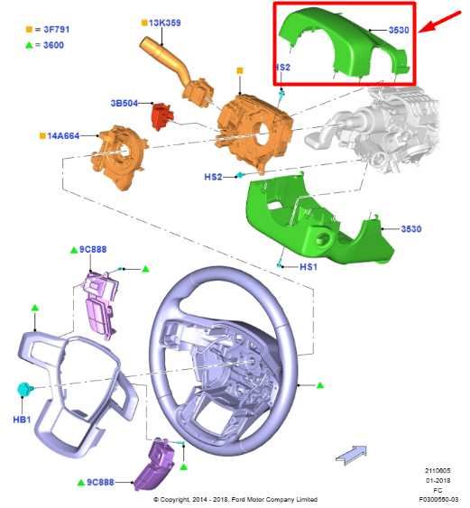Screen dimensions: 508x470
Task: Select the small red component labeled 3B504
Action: pos(161,115)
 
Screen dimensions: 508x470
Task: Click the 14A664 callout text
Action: pos(64,135)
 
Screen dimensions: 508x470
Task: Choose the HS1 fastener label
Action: pos(308,267)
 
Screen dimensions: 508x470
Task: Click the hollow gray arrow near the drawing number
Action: pos(351,456)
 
